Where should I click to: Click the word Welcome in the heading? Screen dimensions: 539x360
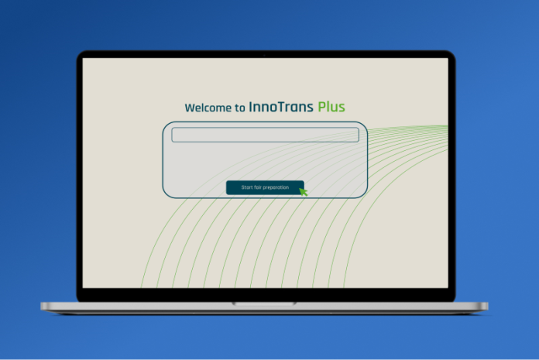[x=208, y=108]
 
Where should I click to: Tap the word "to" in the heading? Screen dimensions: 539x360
[x=240, y=108]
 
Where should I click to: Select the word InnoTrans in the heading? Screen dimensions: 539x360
[x=281, y=107]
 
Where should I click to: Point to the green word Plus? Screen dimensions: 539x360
[x=331, y=107]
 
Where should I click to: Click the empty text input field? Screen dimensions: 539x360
[x=265, y=135]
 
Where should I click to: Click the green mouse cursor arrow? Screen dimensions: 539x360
[x=303, y=192]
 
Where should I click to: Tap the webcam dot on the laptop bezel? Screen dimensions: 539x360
[x=264, y=55]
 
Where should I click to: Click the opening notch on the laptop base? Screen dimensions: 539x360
[x=264, y=303]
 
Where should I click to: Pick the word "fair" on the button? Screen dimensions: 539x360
[x=258, y=187]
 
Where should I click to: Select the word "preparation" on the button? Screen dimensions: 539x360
[x=276, y=187]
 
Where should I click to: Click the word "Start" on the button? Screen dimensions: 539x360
[x=247, y=187]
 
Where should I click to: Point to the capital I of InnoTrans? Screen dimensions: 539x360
[x=251, y=107]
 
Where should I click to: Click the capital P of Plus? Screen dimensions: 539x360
[x=321, y=107]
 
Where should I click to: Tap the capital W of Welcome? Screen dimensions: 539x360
[x=191, y=108]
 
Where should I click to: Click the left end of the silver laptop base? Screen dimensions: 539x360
[x=42, y=306]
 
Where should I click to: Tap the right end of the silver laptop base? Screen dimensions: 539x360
[x=487, y=306]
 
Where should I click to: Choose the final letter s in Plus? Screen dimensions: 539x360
[x=342, y=108]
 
